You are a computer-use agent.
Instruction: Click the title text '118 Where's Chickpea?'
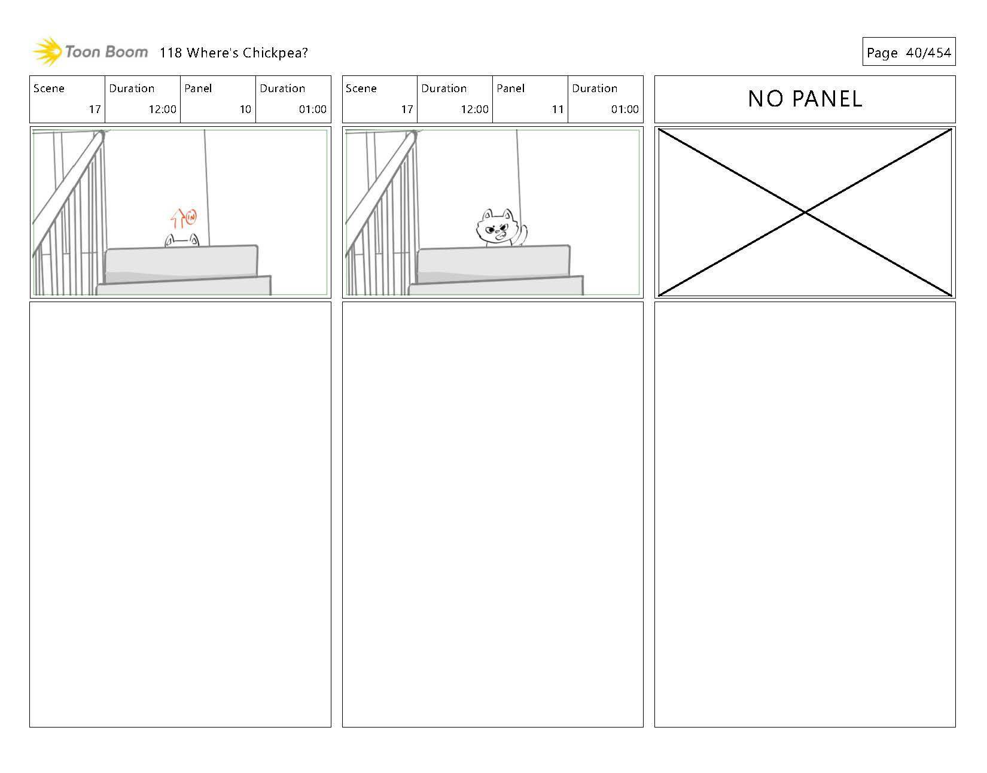(233, 53)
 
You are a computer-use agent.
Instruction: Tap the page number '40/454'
(928, 53)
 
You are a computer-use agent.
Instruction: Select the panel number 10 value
(245, 109)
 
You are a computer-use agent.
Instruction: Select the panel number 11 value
(558, 109)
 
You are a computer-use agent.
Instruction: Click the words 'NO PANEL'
(805, 99)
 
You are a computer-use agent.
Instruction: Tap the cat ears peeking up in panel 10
(182, 241)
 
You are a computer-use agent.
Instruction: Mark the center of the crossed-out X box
(805, 212)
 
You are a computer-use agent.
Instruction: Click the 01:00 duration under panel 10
(312, 109)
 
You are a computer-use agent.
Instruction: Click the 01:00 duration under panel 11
(625, 109)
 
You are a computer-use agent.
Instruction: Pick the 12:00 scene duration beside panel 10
(162, 109)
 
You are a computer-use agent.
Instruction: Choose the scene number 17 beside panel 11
(407, 109)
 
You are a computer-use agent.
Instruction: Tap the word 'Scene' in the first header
(49, 89)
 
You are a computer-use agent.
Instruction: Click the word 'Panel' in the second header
(510, 89)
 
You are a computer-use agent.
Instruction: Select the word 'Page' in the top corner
(882, 53)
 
